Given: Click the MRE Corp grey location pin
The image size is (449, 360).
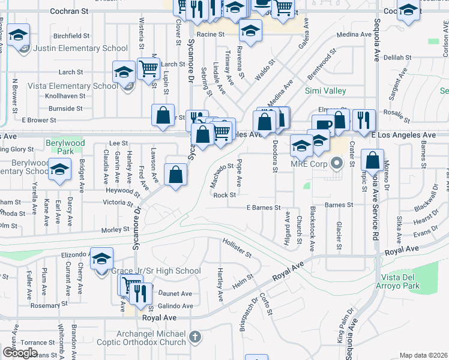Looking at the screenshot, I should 336,162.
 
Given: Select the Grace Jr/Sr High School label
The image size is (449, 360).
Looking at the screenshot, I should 156,271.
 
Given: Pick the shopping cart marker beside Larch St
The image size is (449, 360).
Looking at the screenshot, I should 148,68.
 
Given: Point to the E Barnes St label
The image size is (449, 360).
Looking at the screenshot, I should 264,208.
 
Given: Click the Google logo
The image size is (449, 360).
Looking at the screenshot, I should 20,353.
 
